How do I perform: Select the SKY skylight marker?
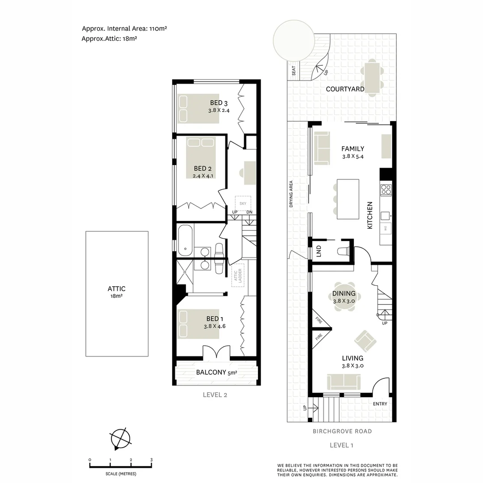(243, 203)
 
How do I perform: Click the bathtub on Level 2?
(185, 240)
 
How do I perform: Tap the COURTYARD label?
(345, 89)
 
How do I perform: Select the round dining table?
(343, 294)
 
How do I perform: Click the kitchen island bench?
(347, 199)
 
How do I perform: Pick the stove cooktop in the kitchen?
(386, 190)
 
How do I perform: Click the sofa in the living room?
(343, 381)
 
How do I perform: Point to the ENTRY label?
(380, 404)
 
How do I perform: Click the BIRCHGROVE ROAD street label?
(342, 432)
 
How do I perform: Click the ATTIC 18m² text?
(116, 292)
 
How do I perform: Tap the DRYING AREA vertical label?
(291, 194)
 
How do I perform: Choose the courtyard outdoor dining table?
(372, 77)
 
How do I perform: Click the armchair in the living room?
(365, 341)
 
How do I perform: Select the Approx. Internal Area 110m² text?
(124, 29)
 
